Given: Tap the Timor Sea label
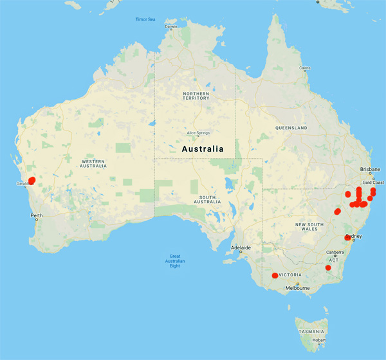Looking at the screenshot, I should point(145,19).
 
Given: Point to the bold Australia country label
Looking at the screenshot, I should point(203,148).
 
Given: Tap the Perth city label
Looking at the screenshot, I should point(36,215).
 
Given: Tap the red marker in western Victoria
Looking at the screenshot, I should point(275,276).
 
